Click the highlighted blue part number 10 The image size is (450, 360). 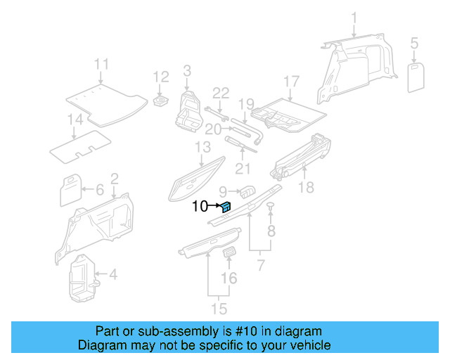226,206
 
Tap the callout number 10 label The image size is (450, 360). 200,207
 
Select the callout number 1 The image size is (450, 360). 354,18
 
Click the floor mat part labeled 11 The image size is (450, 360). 102,98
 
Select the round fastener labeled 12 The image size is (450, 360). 160,101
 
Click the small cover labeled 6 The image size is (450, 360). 70,190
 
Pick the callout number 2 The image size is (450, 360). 114,179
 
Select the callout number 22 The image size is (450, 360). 221,93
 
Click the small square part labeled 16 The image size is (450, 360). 229,254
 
